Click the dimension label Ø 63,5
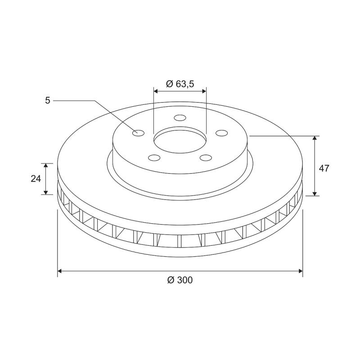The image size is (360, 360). [x=180, y=84]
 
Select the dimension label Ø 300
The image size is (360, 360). [x=180, y=280]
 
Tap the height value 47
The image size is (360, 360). [x=324, y=168]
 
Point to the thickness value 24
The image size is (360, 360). [x=36, y=179]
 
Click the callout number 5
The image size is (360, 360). [x=48, y=100]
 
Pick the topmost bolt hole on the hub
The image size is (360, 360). [x=180, y=118]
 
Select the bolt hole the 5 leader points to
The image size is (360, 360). [x=138, y=133]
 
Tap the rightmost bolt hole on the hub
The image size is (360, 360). [x=221, y=133]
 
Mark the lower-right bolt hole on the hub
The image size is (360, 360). [x=206, y=157]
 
